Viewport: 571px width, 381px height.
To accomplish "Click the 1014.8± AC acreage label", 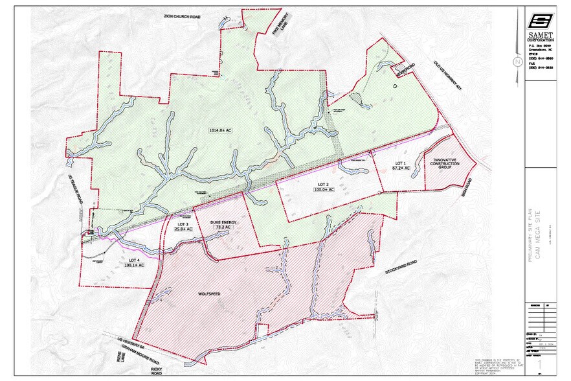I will [220, 130].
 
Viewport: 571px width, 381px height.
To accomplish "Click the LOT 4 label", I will [133, 261].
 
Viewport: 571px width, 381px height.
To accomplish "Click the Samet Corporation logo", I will [541, 22].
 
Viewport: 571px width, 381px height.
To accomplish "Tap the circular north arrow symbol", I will [517, 62].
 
